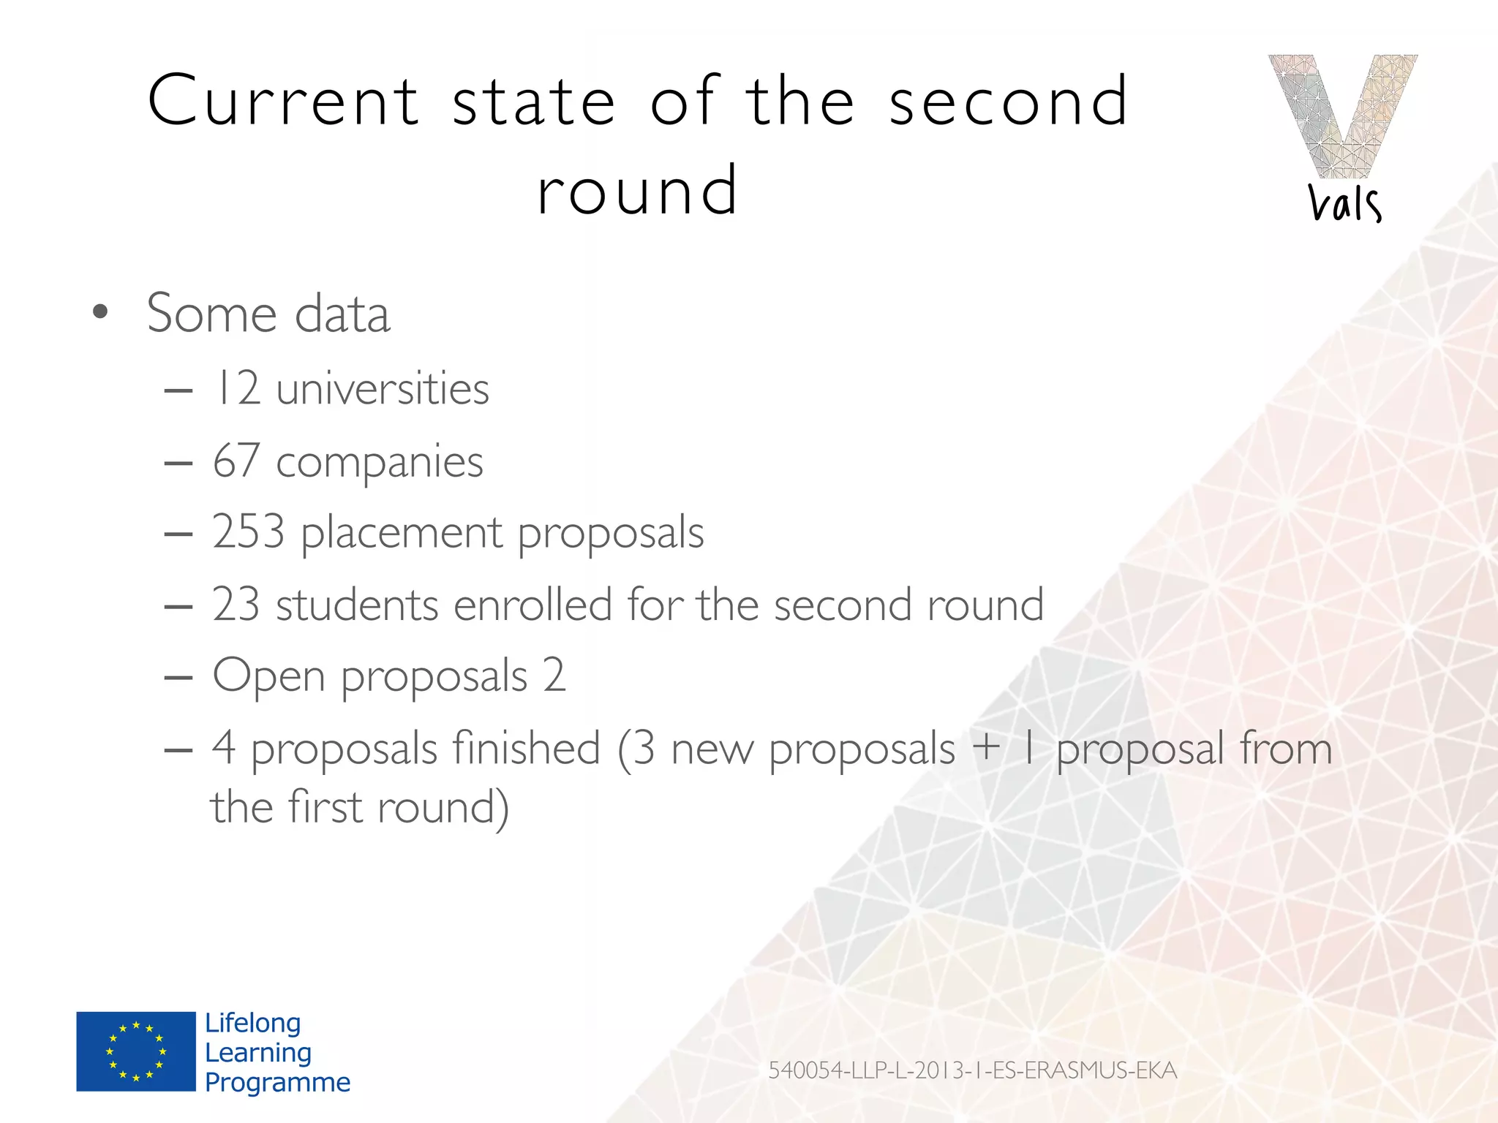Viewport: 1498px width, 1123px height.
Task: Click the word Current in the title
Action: (x=283, y=101)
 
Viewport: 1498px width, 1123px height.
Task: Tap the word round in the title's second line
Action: (x=637, y=191)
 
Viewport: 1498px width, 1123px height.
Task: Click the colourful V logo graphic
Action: (x=1342, y=116)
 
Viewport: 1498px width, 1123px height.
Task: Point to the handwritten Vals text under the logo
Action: (x=1344, y=203)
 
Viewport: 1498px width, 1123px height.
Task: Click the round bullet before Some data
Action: (x=100, y=313)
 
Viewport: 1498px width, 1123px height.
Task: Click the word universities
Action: (x=383, y=388)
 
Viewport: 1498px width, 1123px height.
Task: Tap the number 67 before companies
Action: (x=236, y=461)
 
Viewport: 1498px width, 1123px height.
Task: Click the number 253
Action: (x=248, y=532)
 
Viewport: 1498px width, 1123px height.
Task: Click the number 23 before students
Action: (x=236, y=605)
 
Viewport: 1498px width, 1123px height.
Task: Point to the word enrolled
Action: (x=532, y=605)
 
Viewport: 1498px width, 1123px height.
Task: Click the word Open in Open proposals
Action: (x=268, y=676)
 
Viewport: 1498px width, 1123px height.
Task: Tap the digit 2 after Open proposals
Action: (x=554, y=675)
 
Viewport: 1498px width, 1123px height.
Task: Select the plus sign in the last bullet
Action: (x=986, y=747)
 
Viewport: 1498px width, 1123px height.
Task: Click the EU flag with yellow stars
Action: (x=136, y=1051)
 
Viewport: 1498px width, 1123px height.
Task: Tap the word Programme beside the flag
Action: (x=277, y=1083)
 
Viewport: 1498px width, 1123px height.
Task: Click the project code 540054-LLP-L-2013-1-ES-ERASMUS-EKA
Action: (x=972, y=1070)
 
